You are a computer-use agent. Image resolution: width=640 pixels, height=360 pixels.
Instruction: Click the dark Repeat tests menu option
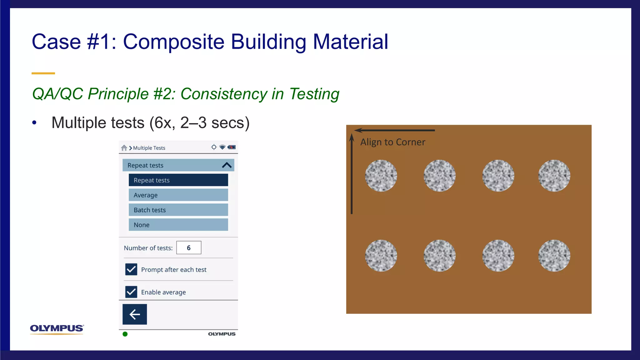pos(178,180)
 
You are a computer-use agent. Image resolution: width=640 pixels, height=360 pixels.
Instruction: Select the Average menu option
pos(178,195)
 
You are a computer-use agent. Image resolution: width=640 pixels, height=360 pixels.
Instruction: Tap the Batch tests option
pos(178,210)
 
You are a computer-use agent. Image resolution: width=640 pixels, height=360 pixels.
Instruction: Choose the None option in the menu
pos(178,225)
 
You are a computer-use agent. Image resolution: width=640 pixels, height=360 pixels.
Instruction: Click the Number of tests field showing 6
pos(189,248)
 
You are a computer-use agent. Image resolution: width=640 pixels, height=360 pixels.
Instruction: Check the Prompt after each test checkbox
pos(131,269)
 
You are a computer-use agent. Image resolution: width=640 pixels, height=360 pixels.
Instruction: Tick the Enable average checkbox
pos(131,292)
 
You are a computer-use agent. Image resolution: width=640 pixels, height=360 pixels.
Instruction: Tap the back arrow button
pos(135,314)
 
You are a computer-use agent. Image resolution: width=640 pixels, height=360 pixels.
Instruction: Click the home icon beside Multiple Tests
pos(124,148)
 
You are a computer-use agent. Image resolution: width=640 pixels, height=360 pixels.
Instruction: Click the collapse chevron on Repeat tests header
pos(227,165)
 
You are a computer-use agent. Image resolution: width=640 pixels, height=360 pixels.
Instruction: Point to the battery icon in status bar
pos(232,147)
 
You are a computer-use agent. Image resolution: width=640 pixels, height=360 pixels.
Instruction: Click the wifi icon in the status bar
pos(222,147)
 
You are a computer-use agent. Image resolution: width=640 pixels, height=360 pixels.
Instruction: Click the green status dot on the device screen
pos(125,334)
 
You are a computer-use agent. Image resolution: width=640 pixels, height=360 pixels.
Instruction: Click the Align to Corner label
pos(392,142)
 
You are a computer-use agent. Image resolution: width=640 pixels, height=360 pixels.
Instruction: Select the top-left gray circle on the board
pos(381,176)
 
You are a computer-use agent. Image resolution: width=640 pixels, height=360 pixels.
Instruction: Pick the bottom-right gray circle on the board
pos(554,256)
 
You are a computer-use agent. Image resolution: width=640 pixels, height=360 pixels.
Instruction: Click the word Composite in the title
pos(174,42)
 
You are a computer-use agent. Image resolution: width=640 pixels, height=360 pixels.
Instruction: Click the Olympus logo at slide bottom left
pos(57,329)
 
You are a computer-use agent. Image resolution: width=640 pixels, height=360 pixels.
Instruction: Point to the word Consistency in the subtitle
pos(224,94)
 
